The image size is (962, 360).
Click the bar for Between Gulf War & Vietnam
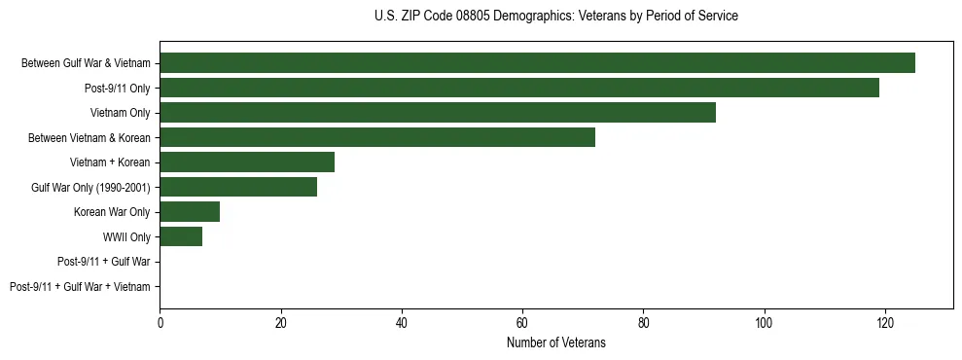[537, 63]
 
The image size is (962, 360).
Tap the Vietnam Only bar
[437, 113]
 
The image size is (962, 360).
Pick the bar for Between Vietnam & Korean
[376, 137]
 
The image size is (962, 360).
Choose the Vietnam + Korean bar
[247, 162]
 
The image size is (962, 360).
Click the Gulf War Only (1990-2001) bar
[237, 187]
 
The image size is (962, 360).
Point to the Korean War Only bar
[190, 212]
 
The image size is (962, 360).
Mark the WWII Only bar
[181, 236]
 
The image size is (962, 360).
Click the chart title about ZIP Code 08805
[555, 17]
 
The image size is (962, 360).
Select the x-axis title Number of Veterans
[555, 342]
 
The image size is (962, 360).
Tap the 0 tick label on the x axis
[160, 322]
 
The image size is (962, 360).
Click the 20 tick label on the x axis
[280, 322]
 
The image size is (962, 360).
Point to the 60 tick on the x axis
[522, 322]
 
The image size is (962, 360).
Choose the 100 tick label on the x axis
[764, 322]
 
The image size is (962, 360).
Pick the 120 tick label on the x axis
[884, 322]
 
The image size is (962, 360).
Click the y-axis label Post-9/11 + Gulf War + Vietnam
[80, 287]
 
